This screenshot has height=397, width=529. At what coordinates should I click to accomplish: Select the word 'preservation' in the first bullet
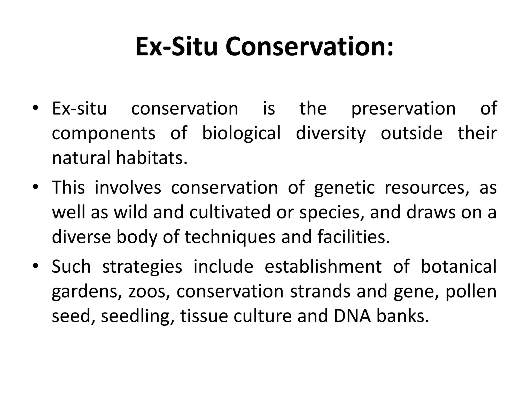point(403,109)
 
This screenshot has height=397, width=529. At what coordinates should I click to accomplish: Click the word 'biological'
point(241,134)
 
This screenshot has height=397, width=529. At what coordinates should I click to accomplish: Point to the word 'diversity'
point(331,134)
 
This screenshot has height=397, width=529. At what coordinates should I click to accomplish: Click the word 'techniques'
point(230,237)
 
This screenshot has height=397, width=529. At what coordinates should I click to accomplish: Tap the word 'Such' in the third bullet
point(71,266)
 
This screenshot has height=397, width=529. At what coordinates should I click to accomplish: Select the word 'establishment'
point(323,266)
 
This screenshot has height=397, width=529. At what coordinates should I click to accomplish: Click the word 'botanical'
point(458,266)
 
